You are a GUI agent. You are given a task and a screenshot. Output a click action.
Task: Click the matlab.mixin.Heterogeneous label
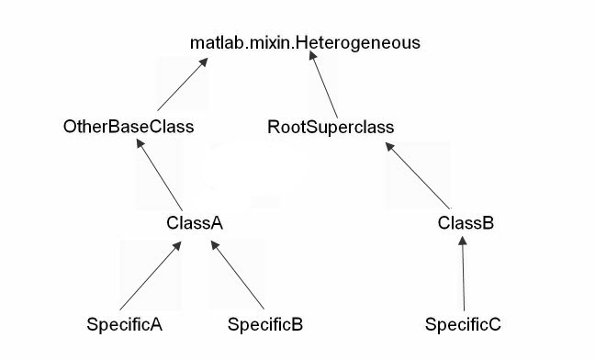305,42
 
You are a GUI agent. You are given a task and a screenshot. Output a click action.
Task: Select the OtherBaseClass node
129,127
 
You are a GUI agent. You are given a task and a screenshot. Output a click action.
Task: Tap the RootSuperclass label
331,127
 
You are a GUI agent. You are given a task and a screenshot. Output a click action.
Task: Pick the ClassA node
195,222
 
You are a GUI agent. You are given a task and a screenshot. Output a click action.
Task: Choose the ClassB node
466,222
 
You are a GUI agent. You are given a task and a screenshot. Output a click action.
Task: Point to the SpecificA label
124,324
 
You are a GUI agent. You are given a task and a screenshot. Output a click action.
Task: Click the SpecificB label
265,324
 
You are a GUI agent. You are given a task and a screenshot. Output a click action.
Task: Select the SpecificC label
463,324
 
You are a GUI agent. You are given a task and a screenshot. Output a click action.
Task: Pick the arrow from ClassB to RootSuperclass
418,175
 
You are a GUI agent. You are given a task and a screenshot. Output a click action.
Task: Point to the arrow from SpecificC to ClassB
464,274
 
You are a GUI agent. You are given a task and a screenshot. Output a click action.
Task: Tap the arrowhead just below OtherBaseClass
140,147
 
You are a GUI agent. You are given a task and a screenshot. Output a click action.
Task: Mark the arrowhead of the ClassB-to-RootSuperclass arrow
389,148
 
